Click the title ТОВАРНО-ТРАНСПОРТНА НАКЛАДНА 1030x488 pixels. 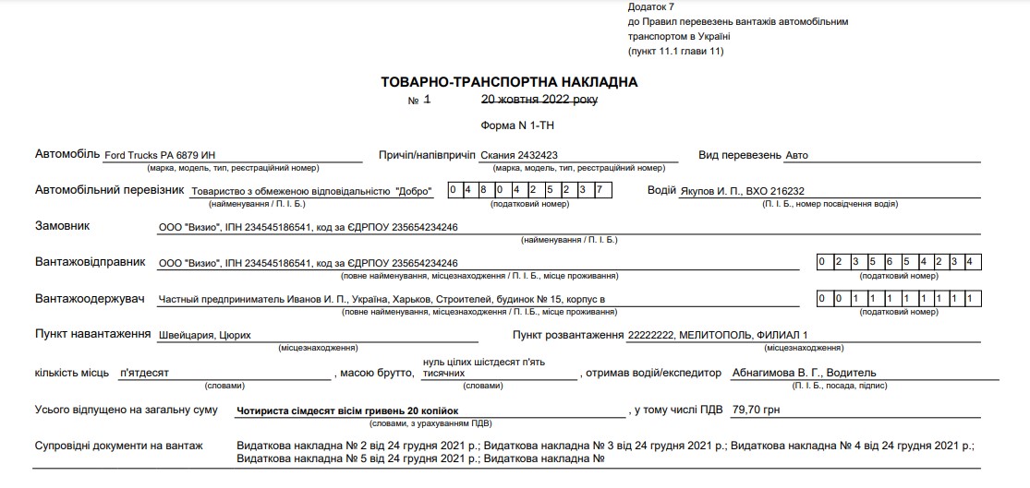[509, 82]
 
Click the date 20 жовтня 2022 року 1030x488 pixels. [539, 99]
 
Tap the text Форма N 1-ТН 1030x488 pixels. [517, 124]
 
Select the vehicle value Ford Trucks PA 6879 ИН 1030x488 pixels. [161, 155]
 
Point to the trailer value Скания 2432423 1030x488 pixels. [526, 155]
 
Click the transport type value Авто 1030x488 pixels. [796, 155]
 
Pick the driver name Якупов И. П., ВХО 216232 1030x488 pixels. [735, 191]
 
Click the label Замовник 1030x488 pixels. [63, 225]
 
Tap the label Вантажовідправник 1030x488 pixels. [90, 262]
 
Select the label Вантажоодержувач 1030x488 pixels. [90, 299]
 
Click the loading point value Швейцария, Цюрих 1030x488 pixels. [204, 336]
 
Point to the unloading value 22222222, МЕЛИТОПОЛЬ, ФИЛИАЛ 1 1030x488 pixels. [717, 335]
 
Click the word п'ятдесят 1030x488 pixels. [144, 373]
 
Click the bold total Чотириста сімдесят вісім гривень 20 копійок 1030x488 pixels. [347, 410]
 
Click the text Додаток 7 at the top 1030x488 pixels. [650, 7]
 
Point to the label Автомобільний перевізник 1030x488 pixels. [106, 190]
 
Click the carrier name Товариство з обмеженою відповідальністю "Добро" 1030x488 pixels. [312, 192]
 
